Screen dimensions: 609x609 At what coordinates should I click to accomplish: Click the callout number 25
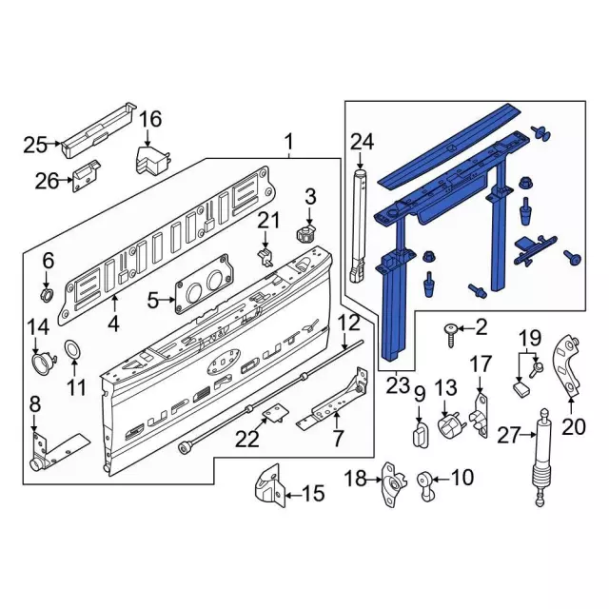[35, 145]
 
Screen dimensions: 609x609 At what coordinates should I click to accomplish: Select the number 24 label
[362, 143]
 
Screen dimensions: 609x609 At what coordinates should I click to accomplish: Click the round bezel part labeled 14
[42, 363]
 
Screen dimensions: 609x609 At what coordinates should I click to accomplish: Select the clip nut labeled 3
[307, 232]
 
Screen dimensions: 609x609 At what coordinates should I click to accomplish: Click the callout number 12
[348, 322]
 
